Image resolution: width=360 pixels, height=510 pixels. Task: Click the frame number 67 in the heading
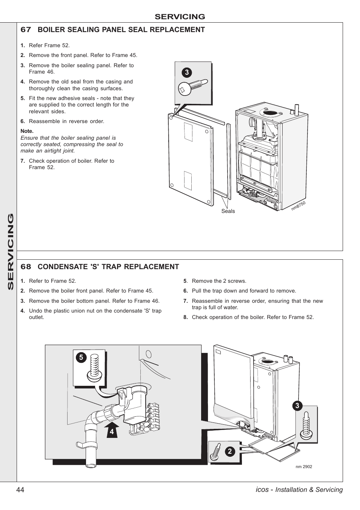pyautogui.click(x=26, y=30)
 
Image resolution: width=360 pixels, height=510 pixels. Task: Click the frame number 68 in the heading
pyautogui.click(x=26, y=267)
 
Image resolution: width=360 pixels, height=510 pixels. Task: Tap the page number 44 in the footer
pyautogui.click(x=20, y=490)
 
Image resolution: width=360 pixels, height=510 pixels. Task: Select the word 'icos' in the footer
pyautogui.click(x=262, y=490)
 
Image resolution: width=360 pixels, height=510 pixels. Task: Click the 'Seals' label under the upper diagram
pyautogui.click(x=228, y=211)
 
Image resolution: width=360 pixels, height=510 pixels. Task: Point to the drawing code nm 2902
pyautogui.click(x=304, y=467)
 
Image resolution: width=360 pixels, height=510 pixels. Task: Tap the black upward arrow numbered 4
pyautogui.click(x=111, y=429)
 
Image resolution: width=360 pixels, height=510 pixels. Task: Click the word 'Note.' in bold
pyautogui.click(x=27, y=131)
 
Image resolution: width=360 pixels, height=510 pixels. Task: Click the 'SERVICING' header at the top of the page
pyautogui.click(x=180, y=17)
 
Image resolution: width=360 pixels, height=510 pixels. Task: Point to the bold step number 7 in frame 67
pyautogui.click(x=23, y=161)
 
